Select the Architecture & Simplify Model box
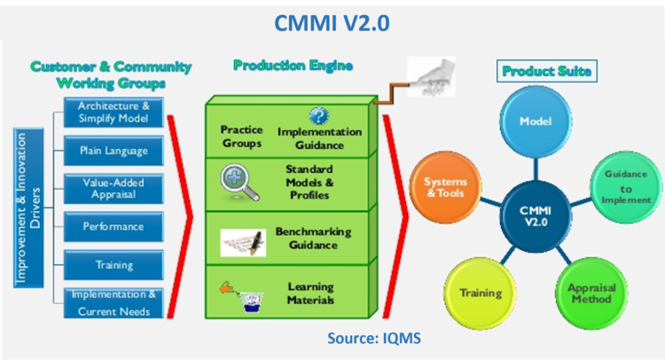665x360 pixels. coord(113,113)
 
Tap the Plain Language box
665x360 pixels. coord(113,151)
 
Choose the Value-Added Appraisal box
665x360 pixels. coord(113,188)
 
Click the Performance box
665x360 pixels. coord(113,226)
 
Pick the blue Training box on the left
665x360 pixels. coord(113,264)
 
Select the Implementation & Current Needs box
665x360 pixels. coord(113,303)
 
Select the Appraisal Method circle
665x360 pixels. coord(590,293)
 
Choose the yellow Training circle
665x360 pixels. coord(480,293)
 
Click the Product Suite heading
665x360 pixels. coord(536,70)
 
